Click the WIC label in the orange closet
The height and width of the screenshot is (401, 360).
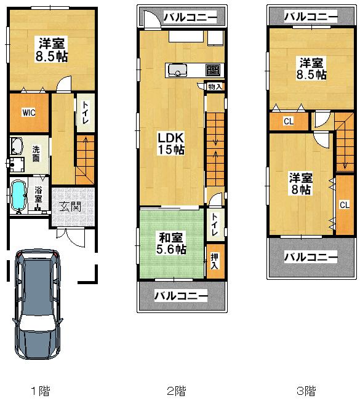[x=28, y=113]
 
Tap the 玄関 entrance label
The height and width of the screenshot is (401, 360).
[x=70, y=206]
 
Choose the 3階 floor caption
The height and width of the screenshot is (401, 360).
[x=306, y=390]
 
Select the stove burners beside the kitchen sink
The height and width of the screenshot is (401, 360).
[x=212, y=69]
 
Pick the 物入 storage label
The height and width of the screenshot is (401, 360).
[x=215, y=87]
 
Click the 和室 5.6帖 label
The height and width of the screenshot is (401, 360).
[x=171, y=243]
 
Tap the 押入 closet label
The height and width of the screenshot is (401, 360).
[x=214, y=261]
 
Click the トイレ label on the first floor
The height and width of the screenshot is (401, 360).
[x=84, y=113]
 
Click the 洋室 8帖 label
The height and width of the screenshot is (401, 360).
[x=301, y=183]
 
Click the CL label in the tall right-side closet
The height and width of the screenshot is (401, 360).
[x=345, y=204]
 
